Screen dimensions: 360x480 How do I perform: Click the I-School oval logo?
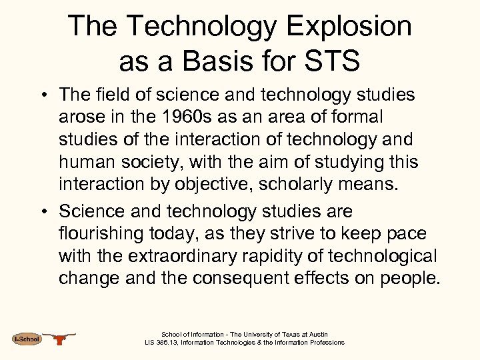coord(27,339)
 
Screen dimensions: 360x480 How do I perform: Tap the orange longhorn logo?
coord(60,339)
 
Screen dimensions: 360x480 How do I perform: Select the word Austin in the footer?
coord(317,335)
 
